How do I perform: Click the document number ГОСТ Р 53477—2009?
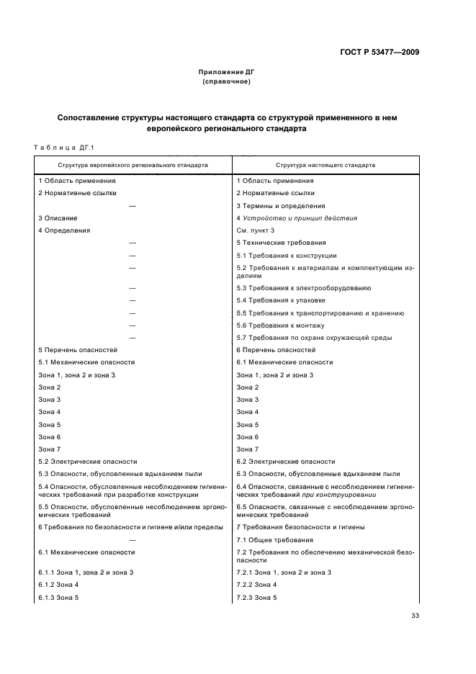tap(380, 53)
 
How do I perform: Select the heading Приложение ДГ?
tap(227, 73)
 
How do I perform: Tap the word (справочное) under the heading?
tap(227, 81)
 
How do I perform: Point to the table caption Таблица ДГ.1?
tap(65, 148)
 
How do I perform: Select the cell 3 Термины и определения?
tap(280, 205)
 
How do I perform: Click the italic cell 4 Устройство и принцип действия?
tap(297, 217)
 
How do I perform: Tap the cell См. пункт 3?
tap(255, 230)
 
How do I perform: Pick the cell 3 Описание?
tap(58, 217)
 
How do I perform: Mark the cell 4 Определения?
tap(64, 230)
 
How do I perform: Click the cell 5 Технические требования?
tap(281, 243)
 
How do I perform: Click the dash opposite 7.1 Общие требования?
tap(133, 539)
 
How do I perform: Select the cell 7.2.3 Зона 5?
tap(256, 598)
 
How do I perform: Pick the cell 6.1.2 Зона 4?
tap(58, 585)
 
